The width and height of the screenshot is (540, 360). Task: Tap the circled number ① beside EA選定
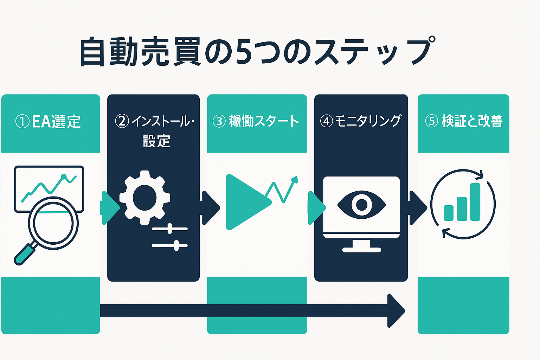22,122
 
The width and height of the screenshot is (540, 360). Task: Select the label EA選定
56,122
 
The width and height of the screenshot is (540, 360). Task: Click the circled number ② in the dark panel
122,121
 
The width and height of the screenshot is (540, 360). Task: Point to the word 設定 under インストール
156,141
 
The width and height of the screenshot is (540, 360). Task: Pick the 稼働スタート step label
264,121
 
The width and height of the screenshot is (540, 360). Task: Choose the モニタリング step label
368,121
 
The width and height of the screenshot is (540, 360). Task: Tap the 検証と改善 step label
472,121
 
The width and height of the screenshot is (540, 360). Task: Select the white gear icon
145,198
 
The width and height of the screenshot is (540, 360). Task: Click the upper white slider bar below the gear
169,229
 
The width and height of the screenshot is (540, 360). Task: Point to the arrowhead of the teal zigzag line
294,180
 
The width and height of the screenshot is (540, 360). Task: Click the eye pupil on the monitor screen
361,205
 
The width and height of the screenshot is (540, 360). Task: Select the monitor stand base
361,250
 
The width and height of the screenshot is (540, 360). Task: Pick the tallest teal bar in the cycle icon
475,202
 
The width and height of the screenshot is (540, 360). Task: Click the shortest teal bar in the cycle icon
448,213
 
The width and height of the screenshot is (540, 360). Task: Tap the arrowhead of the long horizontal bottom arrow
396,311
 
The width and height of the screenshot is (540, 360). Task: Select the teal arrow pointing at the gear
109,208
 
